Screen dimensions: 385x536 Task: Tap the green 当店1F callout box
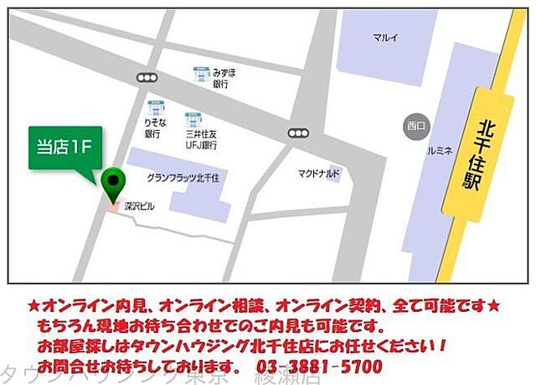pos(65,147)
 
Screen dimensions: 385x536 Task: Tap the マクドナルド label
pos(319,174)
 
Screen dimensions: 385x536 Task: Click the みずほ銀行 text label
pos(224,78)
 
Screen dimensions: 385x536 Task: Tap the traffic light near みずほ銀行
pos(148,77)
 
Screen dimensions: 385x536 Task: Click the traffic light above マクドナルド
pos(297,133)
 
